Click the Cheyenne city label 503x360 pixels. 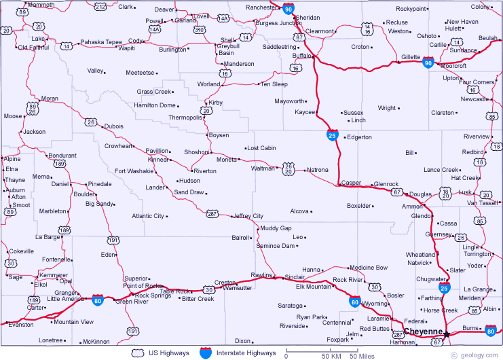(424, 332)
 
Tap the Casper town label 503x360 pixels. (352, 183)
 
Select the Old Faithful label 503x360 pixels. (33, 48)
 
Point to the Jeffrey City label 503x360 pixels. (248, 216)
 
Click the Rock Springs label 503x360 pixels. (153, 295)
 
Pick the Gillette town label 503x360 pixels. (411, 57)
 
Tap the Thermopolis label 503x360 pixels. (185, 118)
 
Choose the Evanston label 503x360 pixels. (22, 325)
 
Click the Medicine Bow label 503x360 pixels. (369, 268)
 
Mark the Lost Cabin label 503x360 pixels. (262, 148)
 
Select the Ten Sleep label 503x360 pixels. (274, 84)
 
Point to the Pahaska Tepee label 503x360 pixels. (101, 42)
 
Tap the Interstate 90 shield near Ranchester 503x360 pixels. (288, 9)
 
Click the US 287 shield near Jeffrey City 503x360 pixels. (212, 213)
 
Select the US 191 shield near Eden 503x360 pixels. (113, 240)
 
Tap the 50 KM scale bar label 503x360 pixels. (331, 356)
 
